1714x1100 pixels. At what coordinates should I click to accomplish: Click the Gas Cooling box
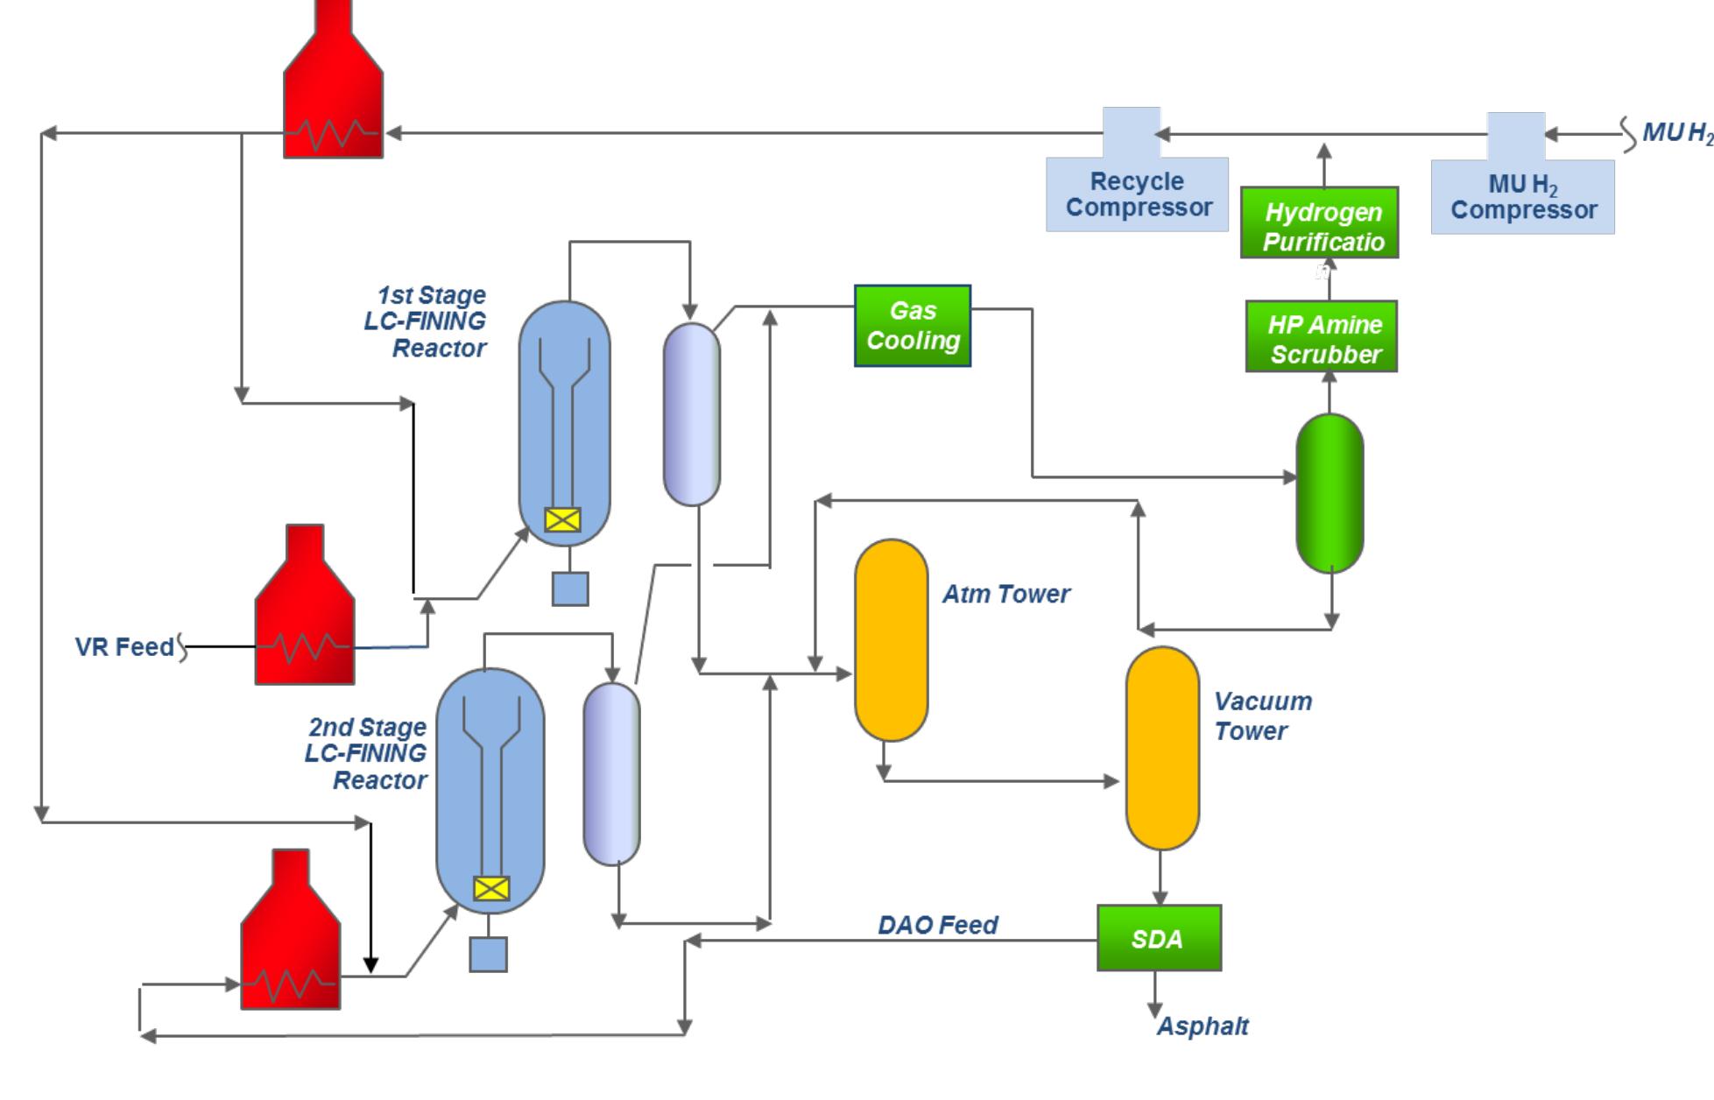coord(912,326)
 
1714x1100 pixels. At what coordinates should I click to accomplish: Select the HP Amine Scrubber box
coord(1321,337)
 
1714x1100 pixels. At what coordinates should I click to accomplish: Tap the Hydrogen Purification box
coord(1319,223)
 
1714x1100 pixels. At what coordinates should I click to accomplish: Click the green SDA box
coord(1158,938)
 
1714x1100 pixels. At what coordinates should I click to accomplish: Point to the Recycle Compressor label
coord(1138,194)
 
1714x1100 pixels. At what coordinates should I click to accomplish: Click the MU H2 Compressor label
coord(1522,197)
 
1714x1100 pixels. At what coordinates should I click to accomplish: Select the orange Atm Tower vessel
coord(891,639)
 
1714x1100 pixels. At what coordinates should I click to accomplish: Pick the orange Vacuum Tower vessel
coord(1161,748)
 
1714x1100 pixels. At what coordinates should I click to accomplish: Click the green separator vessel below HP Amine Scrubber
coord(1330,493)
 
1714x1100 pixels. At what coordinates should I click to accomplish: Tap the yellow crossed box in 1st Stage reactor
coord(562,520)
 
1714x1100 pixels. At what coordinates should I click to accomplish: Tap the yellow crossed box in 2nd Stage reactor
coord(490,889)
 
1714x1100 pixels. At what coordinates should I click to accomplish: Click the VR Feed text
coord(124,647)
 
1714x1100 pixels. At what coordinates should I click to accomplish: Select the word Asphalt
coord(1203,1026)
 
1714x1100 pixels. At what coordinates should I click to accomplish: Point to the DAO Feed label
coord(937,925)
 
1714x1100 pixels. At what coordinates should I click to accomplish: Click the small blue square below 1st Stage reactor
coord(570,589)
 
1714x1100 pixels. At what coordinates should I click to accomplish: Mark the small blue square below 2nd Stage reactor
coord(488,955)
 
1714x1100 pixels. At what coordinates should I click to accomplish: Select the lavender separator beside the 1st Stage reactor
coord(691,414)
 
